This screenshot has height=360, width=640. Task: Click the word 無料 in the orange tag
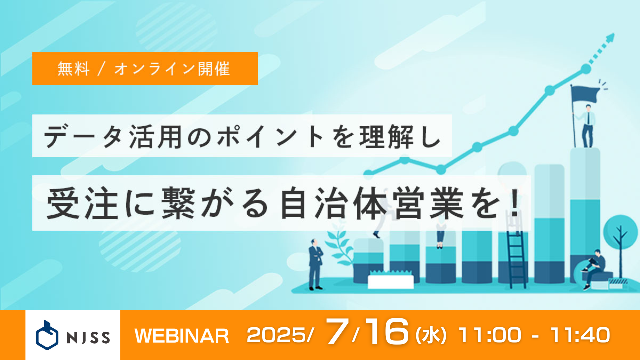(x=73, y=69)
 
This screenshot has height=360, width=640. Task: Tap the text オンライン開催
(x=172, y=69)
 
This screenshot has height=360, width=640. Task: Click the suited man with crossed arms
(x=315, y=263)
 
